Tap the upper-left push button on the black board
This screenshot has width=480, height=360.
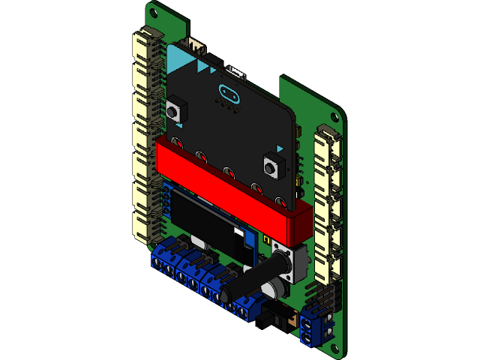175,109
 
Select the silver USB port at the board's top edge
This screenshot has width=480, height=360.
237,73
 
